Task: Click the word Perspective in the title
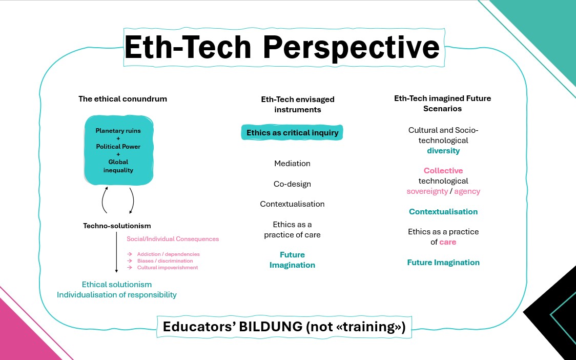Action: point(352,48)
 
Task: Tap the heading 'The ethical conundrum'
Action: point(122,98)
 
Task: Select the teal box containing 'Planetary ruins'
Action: point(119,150)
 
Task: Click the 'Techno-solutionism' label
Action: point(117,226)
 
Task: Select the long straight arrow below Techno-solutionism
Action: point(116,252)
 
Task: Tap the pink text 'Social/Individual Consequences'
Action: point(173,238)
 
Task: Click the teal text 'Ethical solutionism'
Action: point(117,284)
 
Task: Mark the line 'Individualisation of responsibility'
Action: point(117,294)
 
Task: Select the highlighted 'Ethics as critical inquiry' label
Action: point(292,133)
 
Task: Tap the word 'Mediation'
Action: point(293,163)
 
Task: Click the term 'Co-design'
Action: point(293,184)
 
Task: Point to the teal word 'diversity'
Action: point(443,150)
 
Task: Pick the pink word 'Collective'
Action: point(443,171)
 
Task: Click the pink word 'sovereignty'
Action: point(427,191)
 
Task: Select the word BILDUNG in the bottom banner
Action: point(271,327)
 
